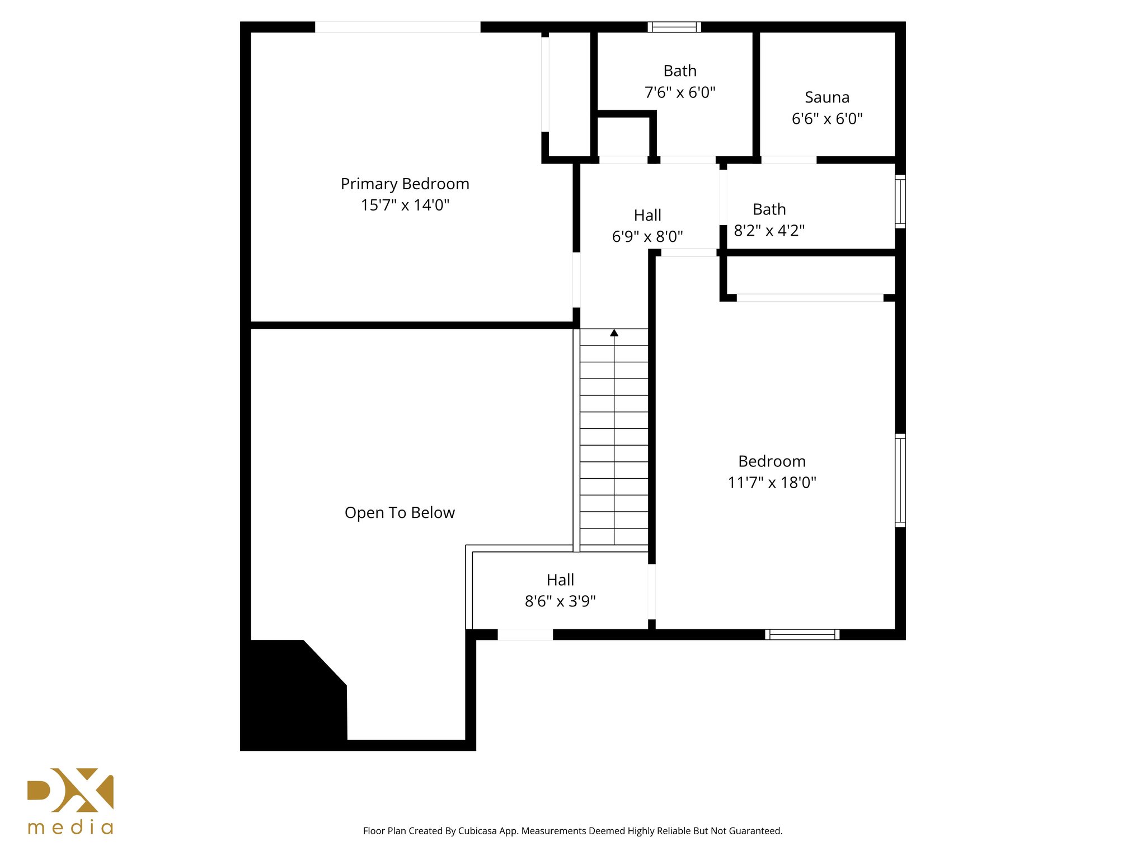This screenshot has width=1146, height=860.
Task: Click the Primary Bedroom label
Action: pos(405,184)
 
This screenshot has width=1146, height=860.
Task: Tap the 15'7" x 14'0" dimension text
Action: pos(405,205)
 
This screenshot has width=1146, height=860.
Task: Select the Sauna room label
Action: pos(826,97)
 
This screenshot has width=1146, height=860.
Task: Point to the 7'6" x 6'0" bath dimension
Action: pos(679,92)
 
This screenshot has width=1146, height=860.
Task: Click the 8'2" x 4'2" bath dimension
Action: pos(769,231)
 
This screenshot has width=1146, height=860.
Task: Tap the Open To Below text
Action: pos(400,512)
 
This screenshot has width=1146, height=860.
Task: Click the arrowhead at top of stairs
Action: pos(614,333)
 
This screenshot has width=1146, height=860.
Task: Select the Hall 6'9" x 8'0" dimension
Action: pos(647,236)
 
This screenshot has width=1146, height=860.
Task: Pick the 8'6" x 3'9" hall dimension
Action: pos(560,601)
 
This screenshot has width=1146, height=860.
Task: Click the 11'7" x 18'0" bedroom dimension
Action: pos(772,482)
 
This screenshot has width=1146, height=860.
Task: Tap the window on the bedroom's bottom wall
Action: pos(802,634)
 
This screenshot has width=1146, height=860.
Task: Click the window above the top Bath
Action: pos(674,27)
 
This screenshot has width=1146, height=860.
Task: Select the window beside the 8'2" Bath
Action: pos(900,202)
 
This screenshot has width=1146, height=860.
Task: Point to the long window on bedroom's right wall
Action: pos(900,480)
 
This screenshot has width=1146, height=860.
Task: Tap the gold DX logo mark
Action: pos(71,790)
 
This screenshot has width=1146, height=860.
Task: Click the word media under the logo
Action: pos(71,828)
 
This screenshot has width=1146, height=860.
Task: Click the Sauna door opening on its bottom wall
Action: pos(788,160)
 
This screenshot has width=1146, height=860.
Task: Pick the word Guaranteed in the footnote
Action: pos(756,831)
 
